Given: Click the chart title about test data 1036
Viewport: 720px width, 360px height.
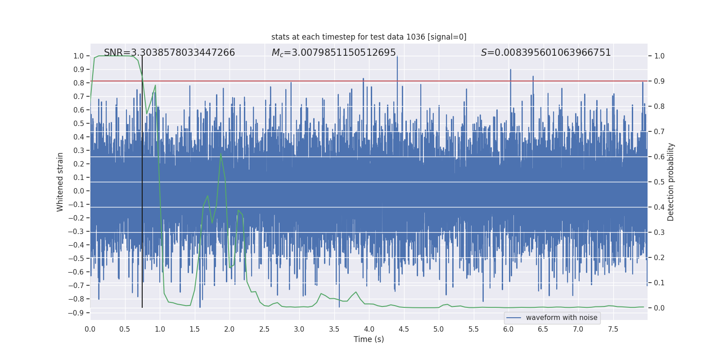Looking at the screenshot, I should point(369,37).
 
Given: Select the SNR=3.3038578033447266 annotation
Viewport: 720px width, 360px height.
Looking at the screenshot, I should point(169,53).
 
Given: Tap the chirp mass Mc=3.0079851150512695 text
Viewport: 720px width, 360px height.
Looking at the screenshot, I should point(333,53).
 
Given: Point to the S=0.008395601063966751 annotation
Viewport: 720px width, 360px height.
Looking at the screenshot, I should point(546,53).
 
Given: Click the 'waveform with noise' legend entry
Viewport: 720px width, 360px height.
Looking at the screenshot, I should point(561,318).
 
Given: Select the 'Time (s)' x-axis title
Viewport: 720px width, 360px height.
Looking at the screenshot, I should point(369,339).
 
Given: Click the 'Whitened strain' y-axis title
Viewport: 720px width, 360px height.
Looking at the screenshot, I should point(60,182).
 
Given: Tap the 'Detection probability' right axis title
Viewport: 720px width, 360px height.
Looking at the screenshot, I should point(671,182).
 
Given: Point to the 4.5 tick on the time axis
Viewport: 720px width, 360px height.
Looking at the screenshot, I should point(404,329).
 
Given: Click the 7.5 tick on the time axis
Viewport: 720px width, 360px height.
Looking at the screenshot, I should point(613,329).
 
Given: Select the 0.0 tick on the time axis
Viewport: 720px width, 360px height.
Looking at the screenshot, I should point(90,329).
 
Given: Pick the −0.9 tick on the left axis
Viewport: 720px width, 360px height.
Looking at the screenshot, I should point(76,313).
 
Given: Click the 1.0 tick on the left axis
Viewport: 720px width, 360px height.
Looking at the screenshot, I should point(79,56).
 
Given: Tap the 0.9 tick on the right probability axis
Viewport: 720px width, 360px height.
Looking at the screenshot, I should point(659,81).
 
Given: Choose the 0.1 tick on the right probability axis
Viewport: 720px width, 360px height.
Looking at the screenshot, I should point(659,283).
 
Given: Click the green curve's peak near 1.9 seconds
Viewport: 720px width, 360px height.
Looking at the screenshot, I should point(220,154).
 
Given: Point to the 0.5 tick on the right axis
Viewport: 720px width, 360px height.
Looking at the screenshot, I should point(659,182).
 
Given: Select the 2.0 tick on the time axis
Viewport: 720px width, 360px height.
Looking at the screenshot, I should point(229,329).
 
